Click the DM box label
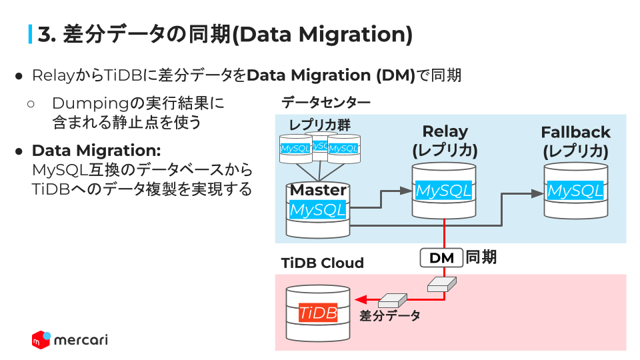pyautogui.click(x=442, y=258)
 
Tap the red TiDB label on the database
pyautogui.click(x=318, y=313)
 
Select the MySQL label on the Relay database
pyautogui.click(x=443, y=191)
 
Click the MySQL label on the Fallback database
pyautogui.click(x=575, y=191)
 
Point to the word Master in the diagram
pyautogui.click(x=318, y=190)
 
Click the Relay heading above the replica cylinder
pyautogui.click(x=445, y=131)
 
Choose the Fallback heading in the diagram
pyautogui.click(x=575, y=132)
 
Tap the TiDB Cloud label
pyautogui.click(x=323, y=263)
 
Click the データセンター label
pyautogui.click(x=325, y=103)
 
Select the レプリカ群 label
pyautogui.click(x=319, y=125)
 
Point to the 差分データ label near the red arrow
pyautogui.click(x=390, y=316)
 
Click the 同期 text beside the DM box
pyautogui.click(x=481, y=257)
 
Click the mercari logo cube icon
pyautogui.click(x=41, y=339)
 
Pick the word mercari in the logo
pyautogui.click(x=80, y=340)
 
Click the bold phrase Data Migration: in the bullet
pyautogui.click(x=96, y=151)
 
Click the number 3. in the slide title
pyautogui.click(x=46, y=34)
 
